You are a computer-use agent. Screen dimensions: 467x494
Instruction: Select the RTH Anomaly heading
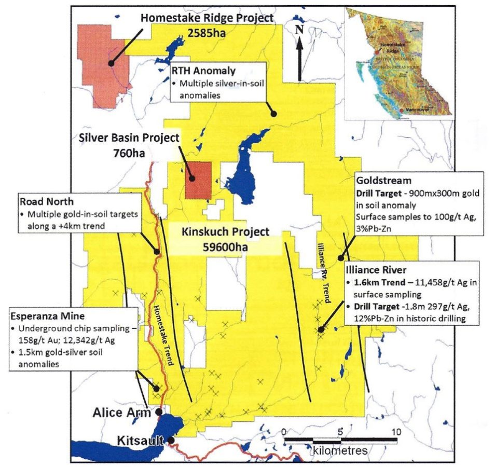(203, 71)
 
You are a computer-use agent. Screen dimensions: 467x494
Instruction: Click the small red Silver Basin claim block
(199, 180)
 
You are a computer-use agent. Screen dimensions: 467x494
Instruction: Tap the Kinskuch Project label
(225, 231)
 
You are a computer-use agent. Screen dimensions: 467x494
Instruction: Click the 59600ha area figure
(225, 247)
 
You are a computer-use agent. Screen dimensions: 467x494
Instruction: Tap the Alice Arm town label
(121, 413)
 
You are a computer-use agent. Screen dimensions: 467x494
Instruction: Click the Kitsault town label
(137, 441)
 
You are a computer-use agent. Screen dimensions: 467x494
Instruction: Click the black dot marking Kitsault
(171, 441)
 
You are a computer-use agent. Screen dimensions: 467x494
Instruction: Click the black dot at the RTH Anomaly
(273, 113)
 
